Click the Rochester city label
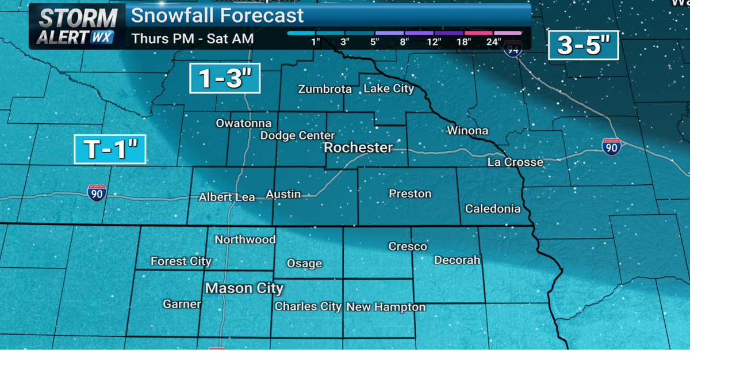coord(358,147)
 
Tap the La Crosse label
coord(515,162)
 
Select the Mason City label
coord(244,288)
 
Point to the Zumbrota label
coord(325,89)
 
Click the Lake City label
coord(389,89)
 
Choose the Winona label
coord(467,131)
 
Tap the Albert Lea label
coord(227,198)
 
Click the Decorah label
coord(457,260)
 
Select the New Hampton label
coord(386,308)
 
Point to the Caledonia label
coord(493,209)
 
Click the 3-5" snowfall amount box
coord(583,45)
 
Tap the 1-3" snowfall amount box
coord(225,78)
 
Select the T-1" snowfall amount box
coord(110,150)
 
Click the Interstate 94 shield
coord(513,48)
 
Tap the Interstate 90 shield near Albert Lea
coord(97,193)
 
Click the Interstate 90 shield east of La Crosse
coord(611,147)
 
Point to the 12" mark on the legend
coord(434,41)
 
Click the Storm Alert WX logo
coord(76,26)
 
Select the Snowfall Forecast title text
coord(217,16)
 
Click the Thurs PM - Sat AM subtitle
coord(193,39)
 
